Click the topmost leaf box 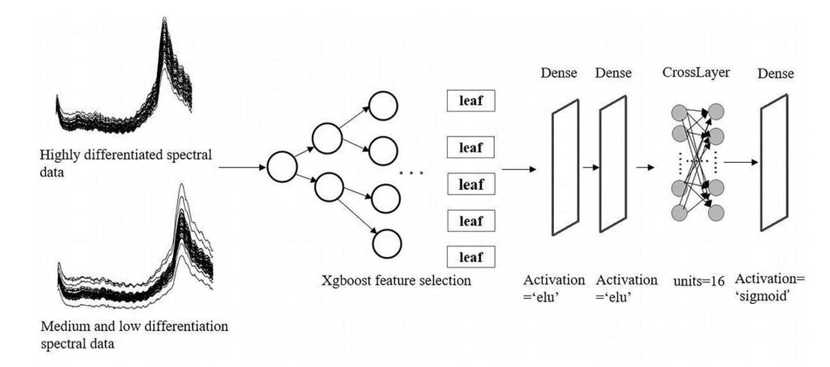(471, 100)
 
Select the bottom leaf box (471, 257)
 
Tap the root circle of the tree (281, 167)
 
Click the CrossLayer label (696, 73)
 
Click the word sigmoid (763, 297)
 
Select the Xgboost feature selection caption (397, 281)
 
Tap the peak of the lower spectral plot (181, 187)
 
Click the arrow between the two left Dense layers (591, 167)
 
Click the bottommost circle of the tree (387, 243)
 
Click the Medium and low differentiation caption (134, 326)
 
